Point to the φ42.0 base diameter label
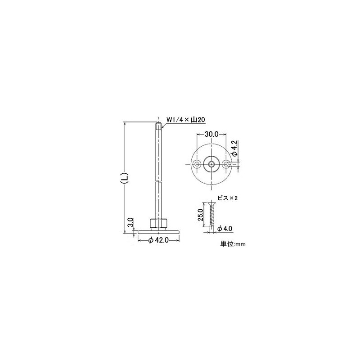159,241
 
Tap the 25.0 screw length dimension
201,215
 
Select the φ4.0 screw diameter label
224,229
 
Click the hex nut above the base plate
159,223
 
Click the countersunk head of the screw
211,204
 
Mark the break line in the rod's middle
158,182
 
